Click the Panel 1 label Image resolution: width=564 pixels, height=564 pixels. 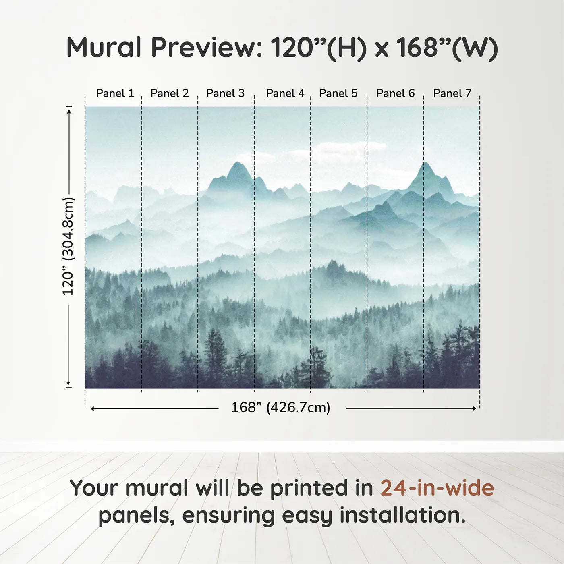(115, 93)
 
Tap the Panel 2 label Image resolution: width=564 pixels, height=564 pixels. (170, 93)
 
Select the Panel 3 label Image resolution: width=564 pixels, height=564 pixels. (225, 93)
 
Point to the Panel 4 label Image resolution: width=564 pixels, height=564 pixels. (285, 93)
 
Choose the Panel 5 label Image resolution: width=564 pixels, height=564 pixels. (338, 93)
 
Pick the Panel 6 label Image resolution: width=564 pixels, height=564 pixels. (396, 93)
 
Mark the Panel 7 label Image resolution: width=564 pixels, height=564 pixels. (452, 93)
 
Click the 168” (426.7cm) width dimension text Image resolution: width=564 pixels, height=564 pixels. (281, 408)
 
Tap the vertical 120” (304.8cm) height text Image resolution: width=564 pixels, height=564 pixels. (68, 247)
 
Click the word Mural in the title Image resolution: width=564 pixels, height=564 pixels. (104, 48)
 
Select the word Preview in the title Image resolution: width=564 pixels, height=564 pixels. (206, 48)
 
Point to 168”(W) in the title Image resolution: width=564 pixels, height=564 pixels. (447, 48)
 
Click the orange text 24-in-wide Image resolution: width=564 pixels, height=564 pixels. (437, 488)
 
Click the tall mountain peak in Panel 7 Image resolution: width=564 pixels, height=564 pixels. (425, 163)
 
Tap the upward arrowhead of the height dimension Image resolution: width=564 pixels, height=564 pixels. (69, 111)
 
